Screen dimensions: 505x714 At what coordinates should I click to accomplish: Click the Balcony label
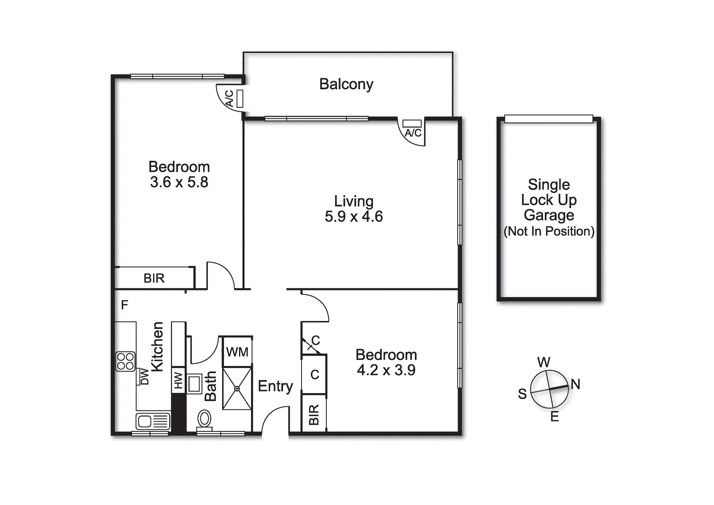(346, 84)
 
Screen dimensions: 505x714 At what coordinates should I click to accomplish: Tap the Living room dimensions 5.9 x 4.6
(354, 217)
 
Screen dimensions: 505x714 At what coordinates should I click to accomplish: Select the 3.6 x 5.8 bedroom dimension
(179, 182)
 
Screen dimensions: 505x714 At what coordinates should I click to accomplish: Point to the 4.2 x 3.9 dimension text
(386, 370)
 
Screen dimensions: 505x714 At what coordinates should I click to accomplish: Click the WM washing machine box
(237, 351)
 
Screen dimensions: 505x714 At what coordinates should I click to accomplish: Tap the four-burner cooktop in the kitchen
(125, 361)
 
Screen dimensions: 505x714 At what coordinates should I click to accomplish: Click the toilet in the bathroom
(204, 419)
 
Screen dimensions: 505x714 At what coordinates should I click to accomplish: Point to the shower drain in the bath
(237, 389)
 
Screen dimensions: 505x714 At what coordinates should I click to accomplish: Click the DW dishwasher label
(144, 377)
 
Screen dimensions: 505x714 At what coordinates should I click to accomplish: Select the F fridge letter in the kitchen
(124, 305)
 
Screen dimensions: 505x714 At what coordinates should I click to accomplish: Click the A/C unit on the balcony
(240, 99)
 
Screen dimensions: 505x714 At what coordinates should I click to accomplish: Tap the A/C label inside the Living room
(413, 133)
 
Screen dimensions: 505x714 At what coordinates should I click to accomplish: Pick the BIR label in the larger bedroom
(154, 278)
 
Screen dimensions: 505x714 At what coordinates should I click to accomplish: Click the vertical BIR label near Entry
(314, 415)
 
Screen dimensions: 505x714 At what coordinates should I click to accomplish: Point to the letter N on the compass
(575, 384)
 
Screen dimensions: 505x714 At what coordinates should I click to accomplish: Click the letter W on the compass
(544, 362)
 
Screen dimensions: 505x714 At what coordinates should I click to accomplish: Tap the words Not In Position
(549, 231)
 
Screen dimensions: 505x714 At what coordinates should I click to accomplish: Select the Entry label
(275, 386)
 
